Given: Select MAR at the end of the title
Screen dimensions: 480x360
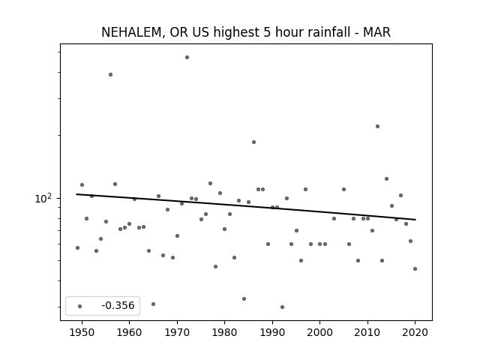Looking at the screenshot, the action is pos(376,32).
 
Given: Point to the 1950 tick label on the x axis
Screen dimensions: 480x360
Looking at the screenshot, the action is pos(82,332).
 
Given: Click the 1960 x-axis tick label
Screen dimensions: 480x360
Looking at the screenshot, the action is pos(129,332).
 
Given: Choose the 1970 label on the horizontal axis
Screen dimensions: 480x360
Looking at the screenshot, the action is pos(177,332).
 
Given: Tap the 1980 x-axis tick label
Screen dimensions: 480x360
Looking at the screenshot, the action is pos(224,332).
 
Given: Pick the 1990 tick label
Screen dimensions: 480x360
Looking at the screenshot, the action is pos(272,332).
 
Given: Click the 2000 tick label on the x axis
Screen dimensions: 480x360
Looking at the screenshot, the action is pos(319,332).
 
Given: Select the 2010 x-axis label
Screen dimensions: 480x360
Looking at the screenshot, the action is pos(367,332).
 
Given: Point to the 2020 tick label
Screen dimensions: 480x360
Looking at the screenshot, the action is pos(415,332).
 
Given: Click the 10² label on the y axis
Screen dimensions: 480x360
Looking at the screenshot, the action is pos(43,199).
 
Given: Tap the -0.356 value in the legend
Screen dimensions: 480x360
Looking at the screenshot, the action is pos(118,305).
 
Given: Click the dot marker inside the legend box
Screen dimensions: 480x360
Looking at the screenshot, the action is pos(79,306).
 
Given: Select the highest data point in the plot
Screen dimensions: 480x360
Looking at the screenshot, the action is pos(187,57).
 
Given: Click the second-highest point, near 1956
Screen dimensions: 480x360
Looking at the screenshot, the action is pos(110,74).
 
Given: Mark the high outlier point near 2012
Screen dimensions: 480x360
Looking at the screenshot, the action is pos(377,127).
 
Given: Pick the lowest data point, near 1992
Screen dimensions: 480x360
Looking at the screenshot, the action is pos(282,307).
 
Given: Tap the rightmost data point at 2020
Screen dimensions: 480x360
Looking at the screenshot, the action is pos(415,268).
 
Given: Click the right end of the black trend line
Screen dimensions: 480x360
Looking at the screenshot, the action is pos(415,220).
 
